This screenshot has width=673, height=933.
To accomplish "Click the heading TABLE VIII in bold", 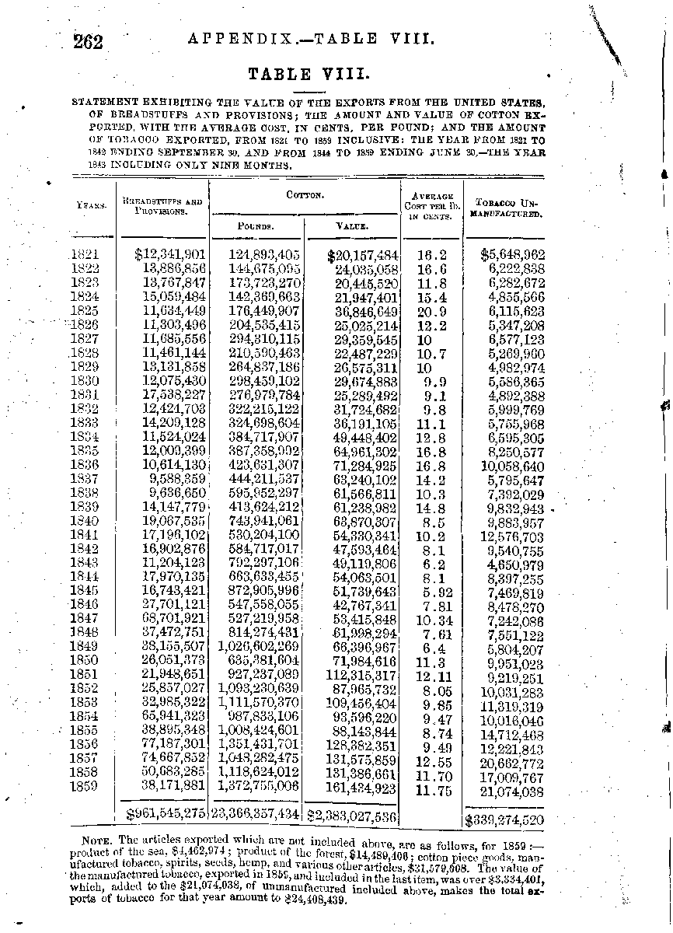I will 302,75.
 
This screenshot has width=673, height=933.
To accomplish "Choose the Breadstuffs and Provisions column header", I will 162,206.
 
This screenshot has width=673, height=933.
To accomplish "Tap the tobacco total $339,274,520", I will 504,819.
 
